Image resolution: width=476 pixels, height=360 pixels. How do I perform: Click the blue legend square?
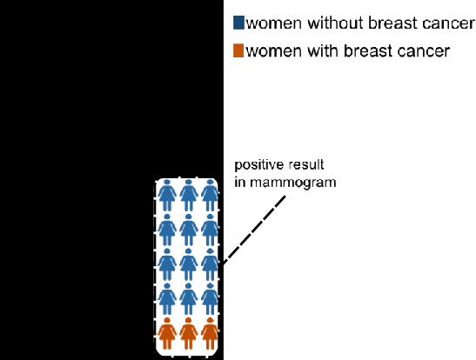[238, 23]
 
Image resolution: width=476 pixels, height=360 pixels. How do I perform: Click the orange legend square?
[238, 50]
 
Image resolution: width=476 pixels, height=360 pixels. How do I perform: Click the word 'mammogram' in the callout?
[293, 183]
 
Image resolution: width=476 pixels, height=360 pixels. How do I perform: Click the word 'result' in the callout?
[305, 164]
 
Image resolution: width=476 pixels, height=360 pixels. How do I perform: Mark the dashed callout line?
[254, 230]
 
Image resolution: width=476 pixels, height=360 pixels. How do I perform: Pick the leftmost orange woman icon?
[167, 333]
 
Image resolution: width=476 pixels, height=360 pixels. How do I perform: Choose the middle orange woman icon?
[189, 333]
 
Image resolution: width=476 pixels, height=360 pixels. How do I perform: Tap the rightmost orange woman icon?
[210, 333]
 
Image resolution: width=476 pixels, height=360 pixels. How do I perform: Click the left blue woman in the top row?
[167, 195]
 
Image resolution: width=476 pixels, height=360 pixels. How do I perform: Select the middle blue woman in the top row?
[189, 195]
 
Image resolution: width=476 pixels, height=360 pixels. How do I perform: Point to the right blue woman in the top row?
[210, 195]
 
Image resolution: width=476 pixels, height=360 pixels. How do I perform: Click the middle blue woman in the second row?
[189, 230]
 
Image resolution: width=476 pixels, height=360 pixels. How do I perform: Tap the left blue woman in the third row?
[167, 264]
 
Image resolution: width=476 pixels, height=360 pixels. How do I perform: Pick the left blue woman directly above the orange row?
[167, 299]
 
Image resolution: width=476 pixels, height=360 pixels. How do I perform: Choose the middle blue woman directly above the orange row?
[189, 299]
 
